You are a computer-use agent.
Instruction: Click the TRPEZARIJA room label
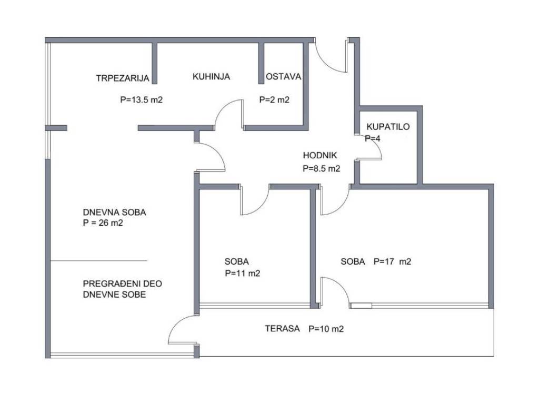point(123,78)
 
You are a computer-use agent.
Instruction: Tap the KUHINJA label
point(211,76)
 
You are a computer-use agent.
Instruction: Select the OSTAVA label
point(284,76)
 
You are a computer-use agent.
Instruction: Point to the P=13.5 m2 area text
point(141,99)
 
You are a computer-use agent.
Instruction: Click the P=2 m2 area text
point(274,99)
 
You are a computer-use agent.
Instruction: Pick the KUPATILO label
point(388,126)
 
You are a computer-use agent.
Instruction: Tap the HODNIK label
point(320,155)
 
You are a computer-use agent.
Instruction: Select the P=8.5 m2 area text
point(322,168)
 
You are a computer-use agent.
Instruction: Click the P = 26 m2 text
point(103,223)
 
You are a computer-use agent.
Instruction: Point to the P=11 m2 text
point(243,274)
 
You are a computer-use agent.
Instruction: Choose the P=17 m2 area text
point(392,261)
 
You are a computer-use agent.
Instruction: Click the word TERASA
point(282,328)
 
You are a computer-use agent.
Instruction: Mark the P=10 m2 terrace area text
point(326,329)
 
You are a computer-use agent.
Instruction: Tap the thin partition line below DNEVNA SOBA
point(99,261)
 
